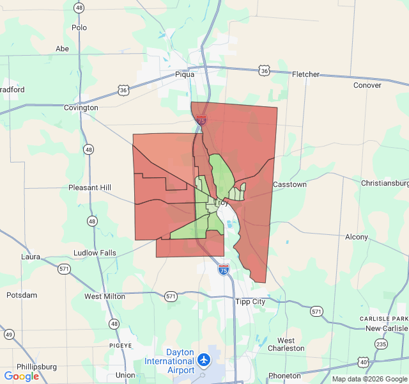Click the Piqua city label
(x=185, y=74)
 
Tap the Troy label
(x=221, y=202)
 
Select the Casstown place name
(x=289, y=184)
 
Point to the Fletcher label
(x=305, y=74)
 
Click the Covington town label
(x=81, y=108)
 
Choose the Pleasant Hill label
(x=90, y=188)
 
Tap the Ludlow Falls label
(x=95, y=253)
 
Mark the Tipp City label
(x=251, y=301)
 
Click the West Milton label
(x=105, y=296)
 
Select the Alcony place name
(x=357, y=237)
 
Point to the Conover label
(x=367, y=85)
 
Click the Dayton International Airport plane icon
(x=204, y=360)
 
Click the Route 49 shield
(x=9, y=334)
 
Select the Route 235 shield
(x=382, y=344)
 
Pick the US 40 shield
(x=363, y=362)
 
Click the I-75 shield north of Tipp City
(x=223, y=269)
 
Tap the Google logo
(x=21, y=376)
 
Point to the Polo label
(x=79, y=28)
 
